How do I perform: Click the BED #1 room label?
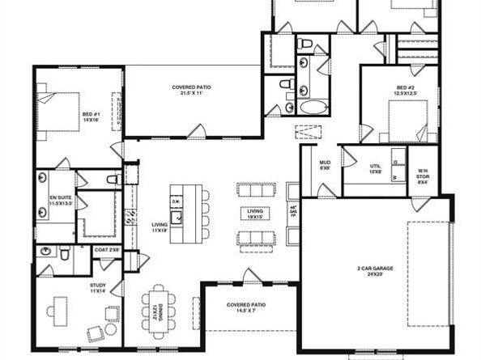[x=91, y=119]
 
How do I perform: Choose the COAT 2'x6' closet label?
[x=107, y=250]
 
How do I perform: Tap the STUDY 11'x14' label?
[x=97, y=288]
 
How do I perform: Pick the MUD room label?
[x=325, y=165]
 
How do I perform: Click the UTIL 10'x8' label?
[x=375, y=169]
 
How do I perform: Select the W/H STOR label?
[x=422, y=174]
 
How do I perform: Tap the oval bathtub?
[x=313, y=107]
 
